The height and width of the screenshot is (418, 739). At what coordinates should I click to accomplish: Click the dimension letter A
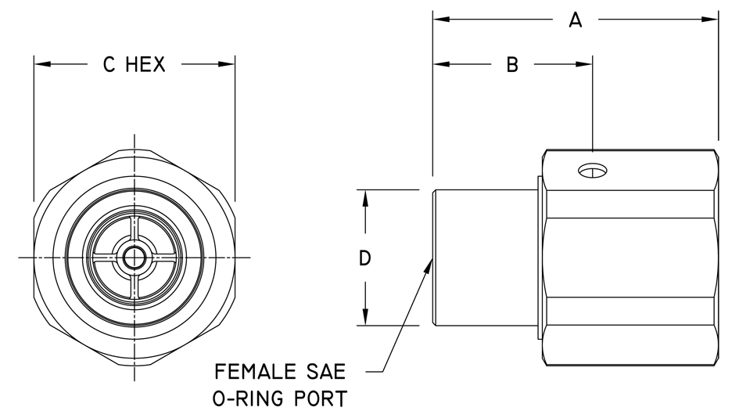(x=575, y=20)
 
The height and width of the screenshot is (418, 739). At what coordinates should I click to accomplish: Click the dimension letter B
(x=512, y=65)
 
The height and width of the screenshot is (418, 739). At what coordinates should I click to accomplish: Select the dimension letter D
(x=364, y=258)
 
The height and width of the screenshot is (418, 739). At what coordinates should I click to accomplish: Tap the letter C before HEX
(x=109, y=65)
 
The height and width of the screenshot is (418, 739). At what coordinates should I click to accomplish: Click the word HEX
(x=145, y=65)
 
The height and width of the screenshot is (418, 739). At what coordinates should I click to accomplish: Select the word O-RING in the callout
(x=248, y=398)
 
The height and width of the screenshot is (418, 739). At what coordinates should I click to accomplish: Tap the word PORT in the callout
(x=321, y=398)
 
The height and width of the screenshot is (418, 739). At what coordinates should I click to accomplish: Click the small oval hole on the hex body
(x=593, y=171)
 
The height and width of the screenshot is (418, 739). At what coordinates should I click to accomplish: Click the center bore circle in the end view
(x=135, y=258)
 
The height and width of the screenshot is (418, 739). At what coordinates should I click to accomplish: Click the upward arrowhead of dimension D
(x=364, y=198)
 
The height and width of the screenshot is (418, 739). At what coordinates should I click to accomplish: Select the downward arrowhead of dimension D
(x=364, y=316)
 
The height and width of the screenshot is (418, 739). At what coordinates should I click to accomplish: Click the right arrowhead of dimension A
(x=710, y=20)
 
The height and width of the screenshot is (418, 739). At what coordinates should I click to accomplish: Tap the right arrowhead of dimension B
(x=584, y=63)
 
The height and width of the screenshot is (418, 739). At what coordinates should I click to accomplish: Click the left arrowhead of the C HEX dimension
(x=42, y=63)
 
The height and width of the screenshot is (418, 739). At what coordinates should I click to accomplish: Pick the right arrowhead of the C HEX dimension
(x=226, y=63)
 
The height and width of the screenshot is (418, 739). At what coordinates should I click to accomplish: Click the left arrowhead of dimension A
(x=442, y=20)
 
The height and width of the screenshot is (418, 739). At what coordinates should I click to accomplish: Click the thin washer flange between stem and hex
(x=540, y=258)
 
